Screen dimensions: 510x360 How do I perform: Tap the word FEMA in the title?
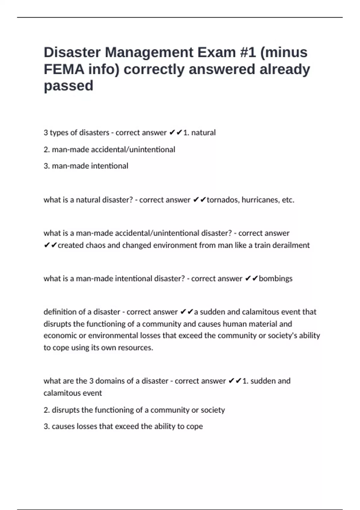pyautogui.click(x=64, y=69)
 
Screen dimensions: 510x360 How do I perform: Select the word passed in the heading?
pyautogui.click(x=68, y=86)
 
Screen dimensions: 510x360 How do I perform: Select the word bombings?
pyautogui.click(x=275, y=279)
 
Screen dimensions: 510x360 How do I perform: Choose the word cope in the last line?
pyautogui.click(x=194, y=426)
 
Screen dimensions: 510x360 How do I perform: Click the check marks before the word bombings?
pyautogui.click(x=251, y=279)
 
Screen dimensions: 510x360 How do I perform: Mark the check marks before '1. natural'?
pyautogui.click(x=176, y=133)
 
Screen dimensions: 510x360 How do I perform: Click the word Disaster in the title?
pyautogui.click(x=72, y=52)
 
